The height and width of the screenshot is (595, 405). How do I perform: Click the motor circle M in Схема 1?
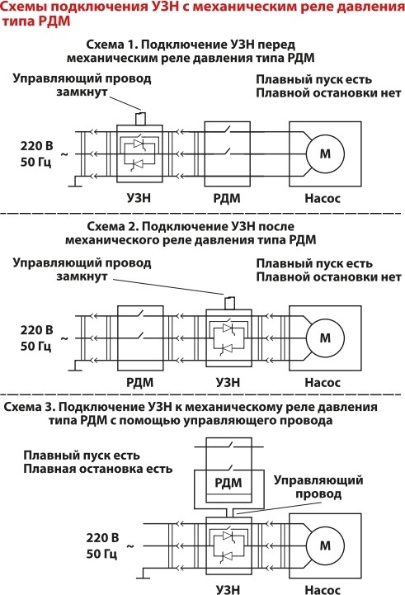(325, 153)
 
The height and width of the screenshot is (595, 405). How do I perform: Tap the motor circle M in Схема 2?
(325, 338)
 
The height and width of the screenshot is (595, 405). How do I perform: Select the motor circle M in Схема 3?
(325, 546)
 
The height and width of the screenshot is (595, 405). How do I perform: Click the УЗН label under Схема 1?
(139, 198)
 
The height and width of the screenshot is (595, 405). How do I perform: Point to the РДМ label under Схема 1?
(227, 198)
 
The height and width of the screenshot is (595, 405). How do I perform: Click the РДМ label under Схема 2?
(140, 382)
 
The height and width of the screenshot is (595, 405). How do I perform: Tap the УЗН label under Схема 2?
(228, 382)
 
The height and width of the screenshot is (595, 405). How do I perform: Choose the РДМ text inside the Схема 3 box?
(228, 483)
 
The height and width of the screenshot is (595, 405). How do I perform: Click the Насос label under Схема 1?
(323, 198)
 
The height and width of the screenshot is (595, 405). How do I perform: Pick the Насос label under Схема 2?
(323, 382)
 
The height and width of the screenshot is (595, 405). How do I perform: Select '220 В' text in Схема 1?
(37, 146)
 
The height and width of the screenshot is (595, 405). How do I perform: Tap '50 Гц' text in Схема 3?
(101, 554)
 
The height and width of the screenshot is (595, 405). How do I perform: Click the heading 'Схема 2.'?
(113, 227)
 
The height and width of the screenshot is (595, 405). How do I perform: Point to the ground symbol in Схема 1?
(75, 182)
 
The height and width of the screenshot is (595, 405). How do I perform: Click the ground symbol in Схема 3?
(144, 574)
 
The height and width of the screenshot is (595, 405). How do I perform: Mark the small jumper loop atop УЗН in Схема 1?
(141, 118)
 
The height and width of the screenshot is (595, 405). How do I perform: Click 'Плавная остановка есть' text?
(98, 469)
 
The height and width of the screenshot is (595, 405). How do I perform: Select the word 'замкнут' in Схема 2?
(82, 276)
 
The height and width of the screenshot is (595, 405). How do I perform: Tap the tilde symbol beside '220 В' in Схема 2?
(64, 338)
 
